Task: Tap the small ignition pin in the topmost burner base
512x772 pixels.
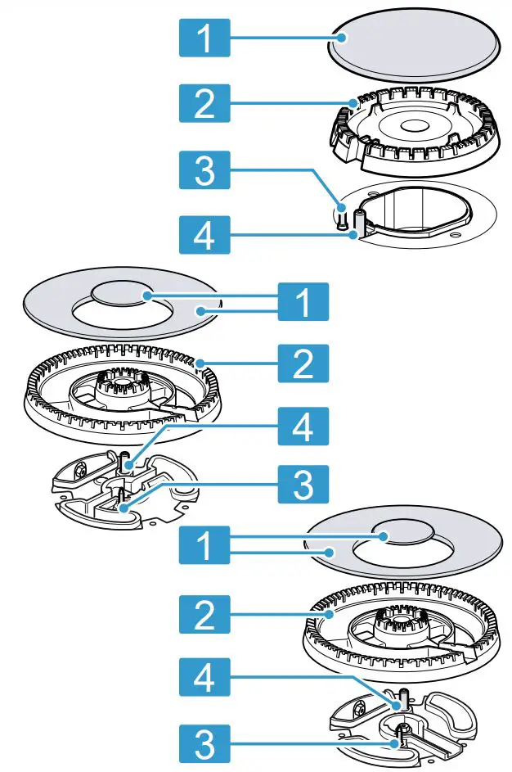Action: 343,219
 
